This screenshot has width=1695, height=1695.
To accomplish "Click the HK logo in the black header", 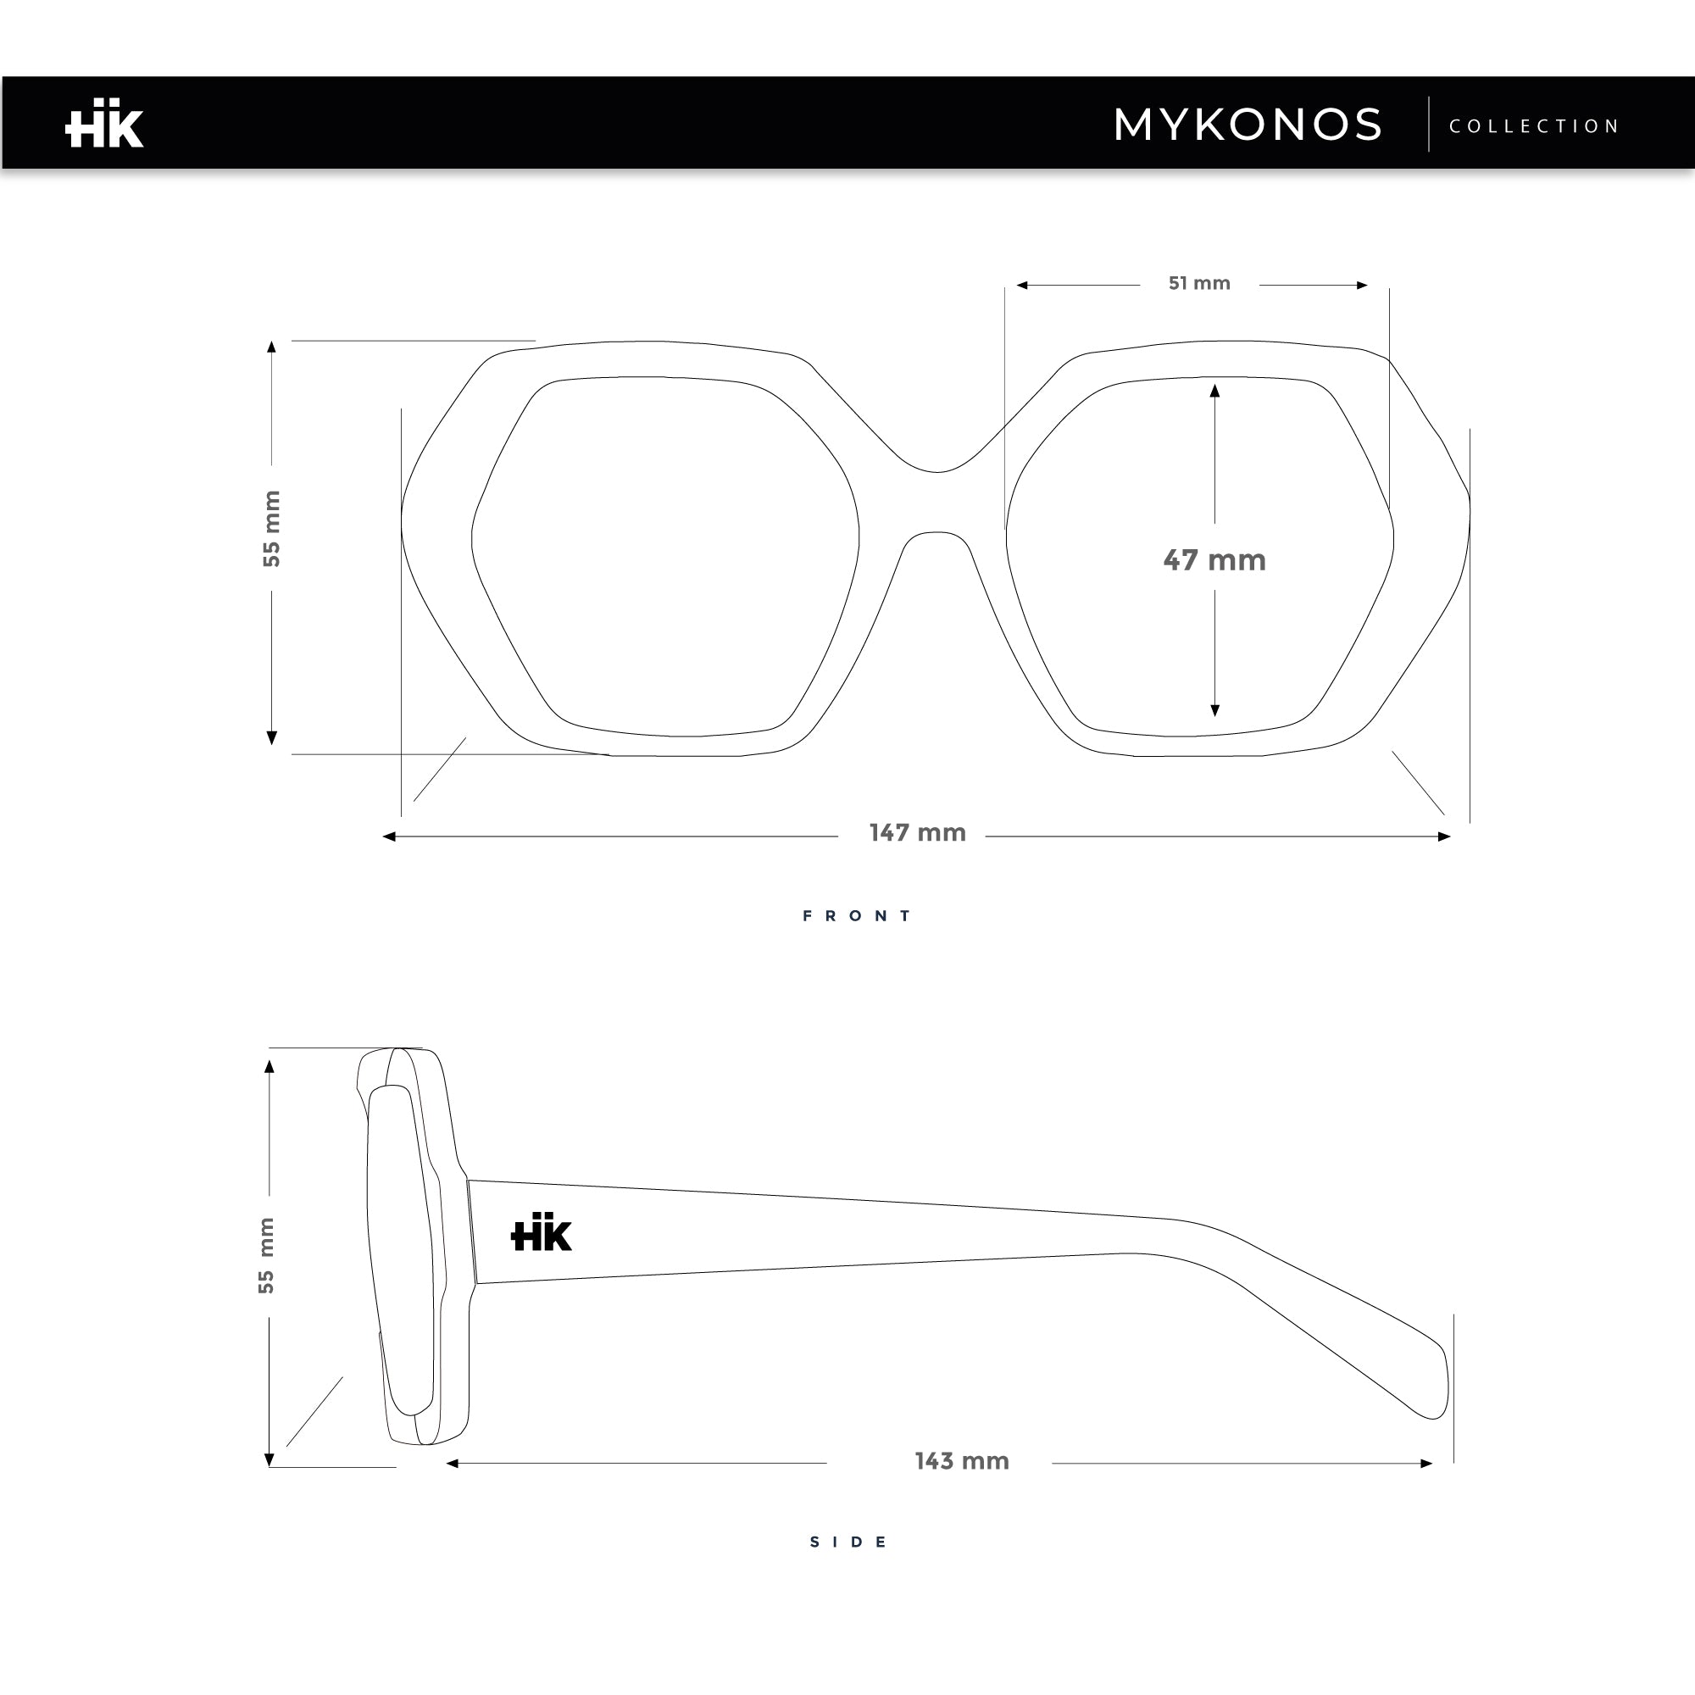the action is click(104, 123).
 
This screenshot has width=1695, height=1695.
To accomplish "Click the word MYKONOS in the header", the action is click(1248, 125).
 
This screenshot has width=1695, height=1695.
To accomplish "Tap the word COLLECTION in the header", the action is click(1534, 126).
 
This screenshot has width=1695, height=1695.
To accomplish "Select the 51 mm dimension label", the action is click(1199, 283).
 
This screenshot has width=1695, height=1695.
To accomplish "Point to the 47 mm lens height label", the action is click(1214, 559).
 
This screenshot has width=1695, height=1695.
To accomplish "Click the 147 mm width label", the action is click(918, 832).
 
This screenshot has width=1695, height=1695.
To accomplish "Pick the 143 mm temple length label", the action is click(962, 1461).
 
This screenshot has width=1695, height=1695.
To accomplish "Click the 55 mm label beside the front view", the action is click(272, 529).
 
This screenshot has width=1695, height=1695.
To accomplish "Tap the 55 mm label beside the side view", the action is click(266, 1255).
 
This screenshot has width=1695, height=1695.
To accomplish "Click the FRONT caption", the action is click(858, 916).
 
